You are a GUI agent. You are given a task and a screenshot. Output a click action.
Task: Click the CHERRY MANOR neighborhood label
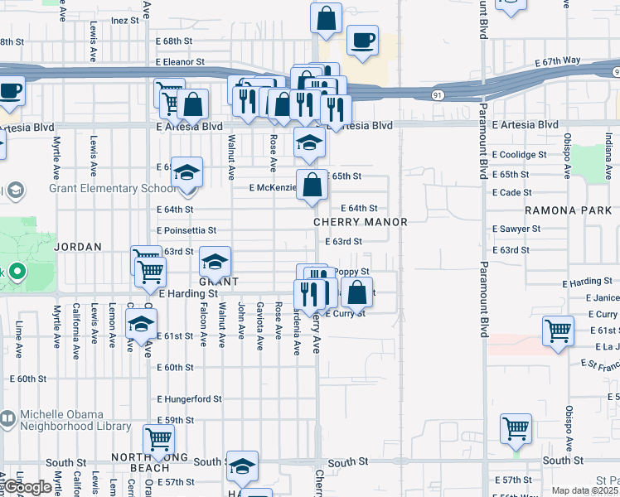[x=360, y=222]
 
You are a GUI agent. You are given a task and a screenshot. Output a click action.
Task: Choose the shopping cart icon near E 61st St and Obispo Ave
[x=559, y=331]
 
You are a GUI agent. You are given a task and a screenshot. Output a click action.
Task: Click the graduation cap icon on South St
[x=242, y=466]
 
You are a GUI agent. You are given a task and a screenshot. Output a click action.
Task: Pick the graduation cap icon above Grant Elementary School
[x=187, y=172]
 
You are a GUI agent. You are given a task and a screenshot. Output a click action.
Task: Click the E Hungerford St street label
[x=189, y=398]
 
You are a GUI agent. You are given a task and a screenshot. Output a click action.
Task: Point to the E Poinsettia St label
[x=186, y=230]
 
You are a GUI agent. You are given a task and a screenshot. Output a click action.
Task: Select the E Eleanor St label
[x=180, y=62]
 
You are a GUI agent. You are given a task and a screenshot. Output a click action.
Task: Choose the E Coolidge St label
[x=519, y=155]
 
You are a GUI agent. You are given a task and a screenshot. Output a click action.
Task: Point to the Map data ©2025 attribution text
[x=585, y=490]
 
